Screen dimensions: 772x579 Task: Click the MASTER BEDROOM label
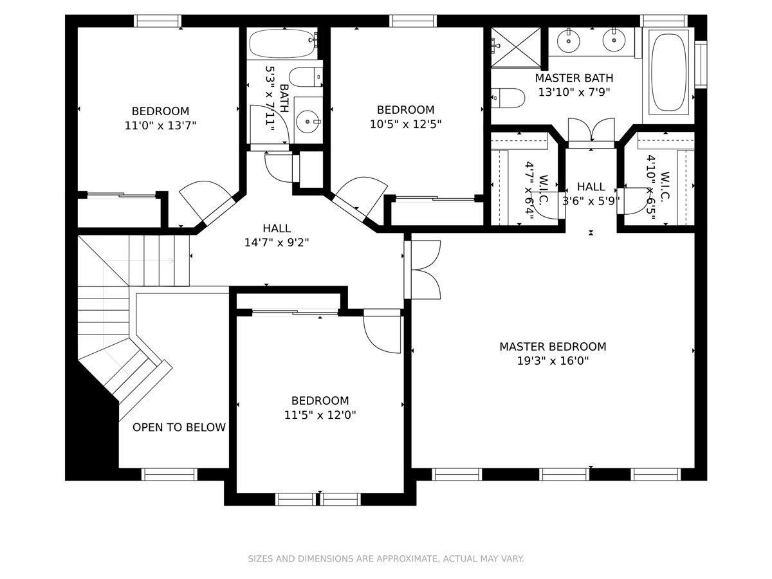click(553, 347)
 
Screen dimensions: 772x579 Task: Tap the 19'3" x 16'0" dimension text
click(553, 361)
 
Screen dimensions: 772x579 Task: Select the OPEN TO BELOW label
click(179, 427)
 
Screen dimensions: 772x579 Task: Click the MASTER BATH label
click(574, 78)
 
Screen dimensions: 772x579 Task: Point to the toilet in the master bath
click(508, 98)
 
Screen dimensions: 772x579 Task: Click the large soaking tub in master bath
click(668, 72)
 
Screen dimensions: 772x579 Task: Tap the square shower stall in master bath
click(515, 48)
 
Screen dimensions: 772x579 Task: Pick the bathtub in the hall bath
click(283, 43)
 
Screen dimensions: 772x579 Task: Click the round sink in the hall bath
click(308, 122)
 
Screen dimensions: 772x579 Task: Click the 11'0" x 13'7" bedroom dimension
click(160, 125)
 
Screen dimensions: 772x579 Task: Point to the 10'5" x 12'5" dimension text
click(405, 124)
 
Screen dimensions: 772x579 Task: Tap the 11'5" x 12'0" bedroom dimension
click(320, 415)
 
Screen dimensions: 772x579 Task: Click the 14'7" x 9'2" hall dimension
click(277, 243)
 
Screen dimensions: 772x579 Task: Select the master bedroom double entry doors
click(422, 270)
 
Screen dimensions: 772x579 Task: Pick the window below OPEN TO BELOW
click(169, 474)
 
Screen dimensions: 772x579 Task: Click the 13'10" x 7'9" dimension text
click(574, 92)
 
